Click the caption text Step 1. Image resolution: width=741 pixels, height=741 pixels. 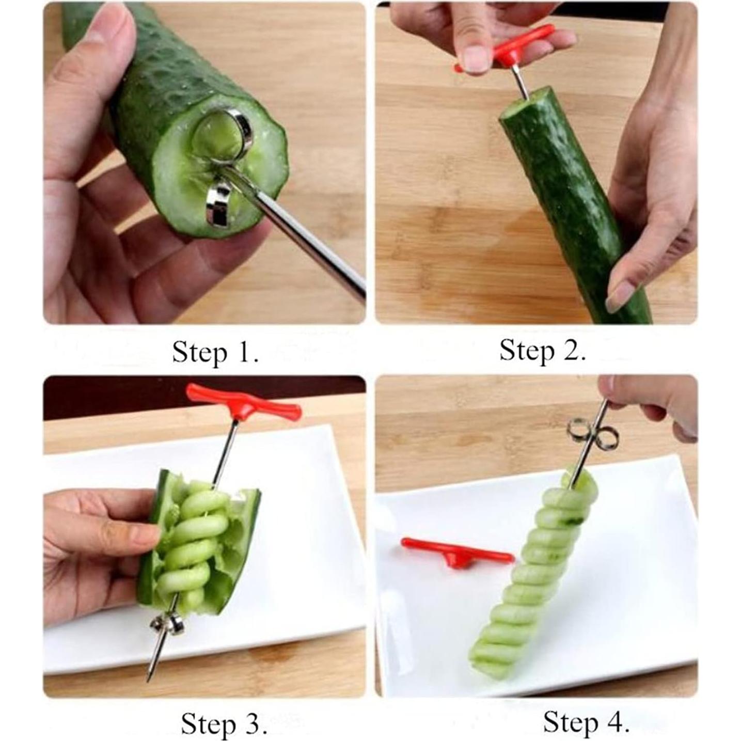pyautogui.click(x=215, y=353)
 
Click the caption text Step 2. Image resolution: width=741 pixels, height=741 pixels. pyautogui.click(x=542, y=351)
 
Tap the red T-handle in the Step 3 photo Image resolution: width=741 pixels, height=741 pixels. pyautogui.click(x=243, y=402)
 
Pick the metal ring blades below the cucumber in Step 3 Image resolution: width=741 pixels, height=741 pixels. pyautogui.click(x=168, y=625)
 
